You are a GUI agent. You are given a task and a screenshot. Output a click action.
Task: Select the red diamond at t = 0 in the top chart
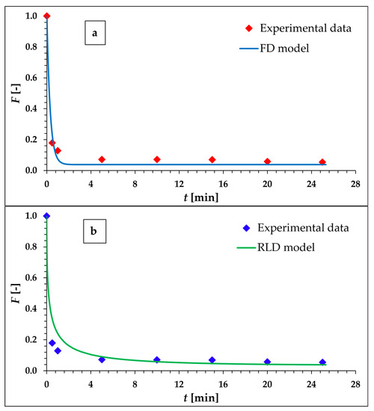coord(46,16)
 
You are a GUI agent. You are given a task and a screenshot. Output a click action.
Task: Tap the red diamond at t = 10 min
coord(157,159)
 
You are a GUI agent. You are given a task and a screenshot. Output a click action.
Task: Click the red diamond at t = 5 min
coord(102,159)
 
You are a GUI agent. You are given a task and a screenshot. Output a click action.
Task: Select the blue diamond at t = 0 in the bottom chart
coord(46,216)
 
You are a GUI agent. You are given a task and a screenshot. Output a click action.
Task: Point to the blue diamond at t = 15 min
coord(212,359)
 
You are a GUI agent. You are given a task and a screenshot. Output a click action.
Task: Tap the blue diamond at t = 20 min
coord(267,361)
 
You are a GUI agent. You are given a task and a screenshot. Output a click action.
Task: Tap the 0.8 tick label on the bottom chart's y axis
coord(31,247)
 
